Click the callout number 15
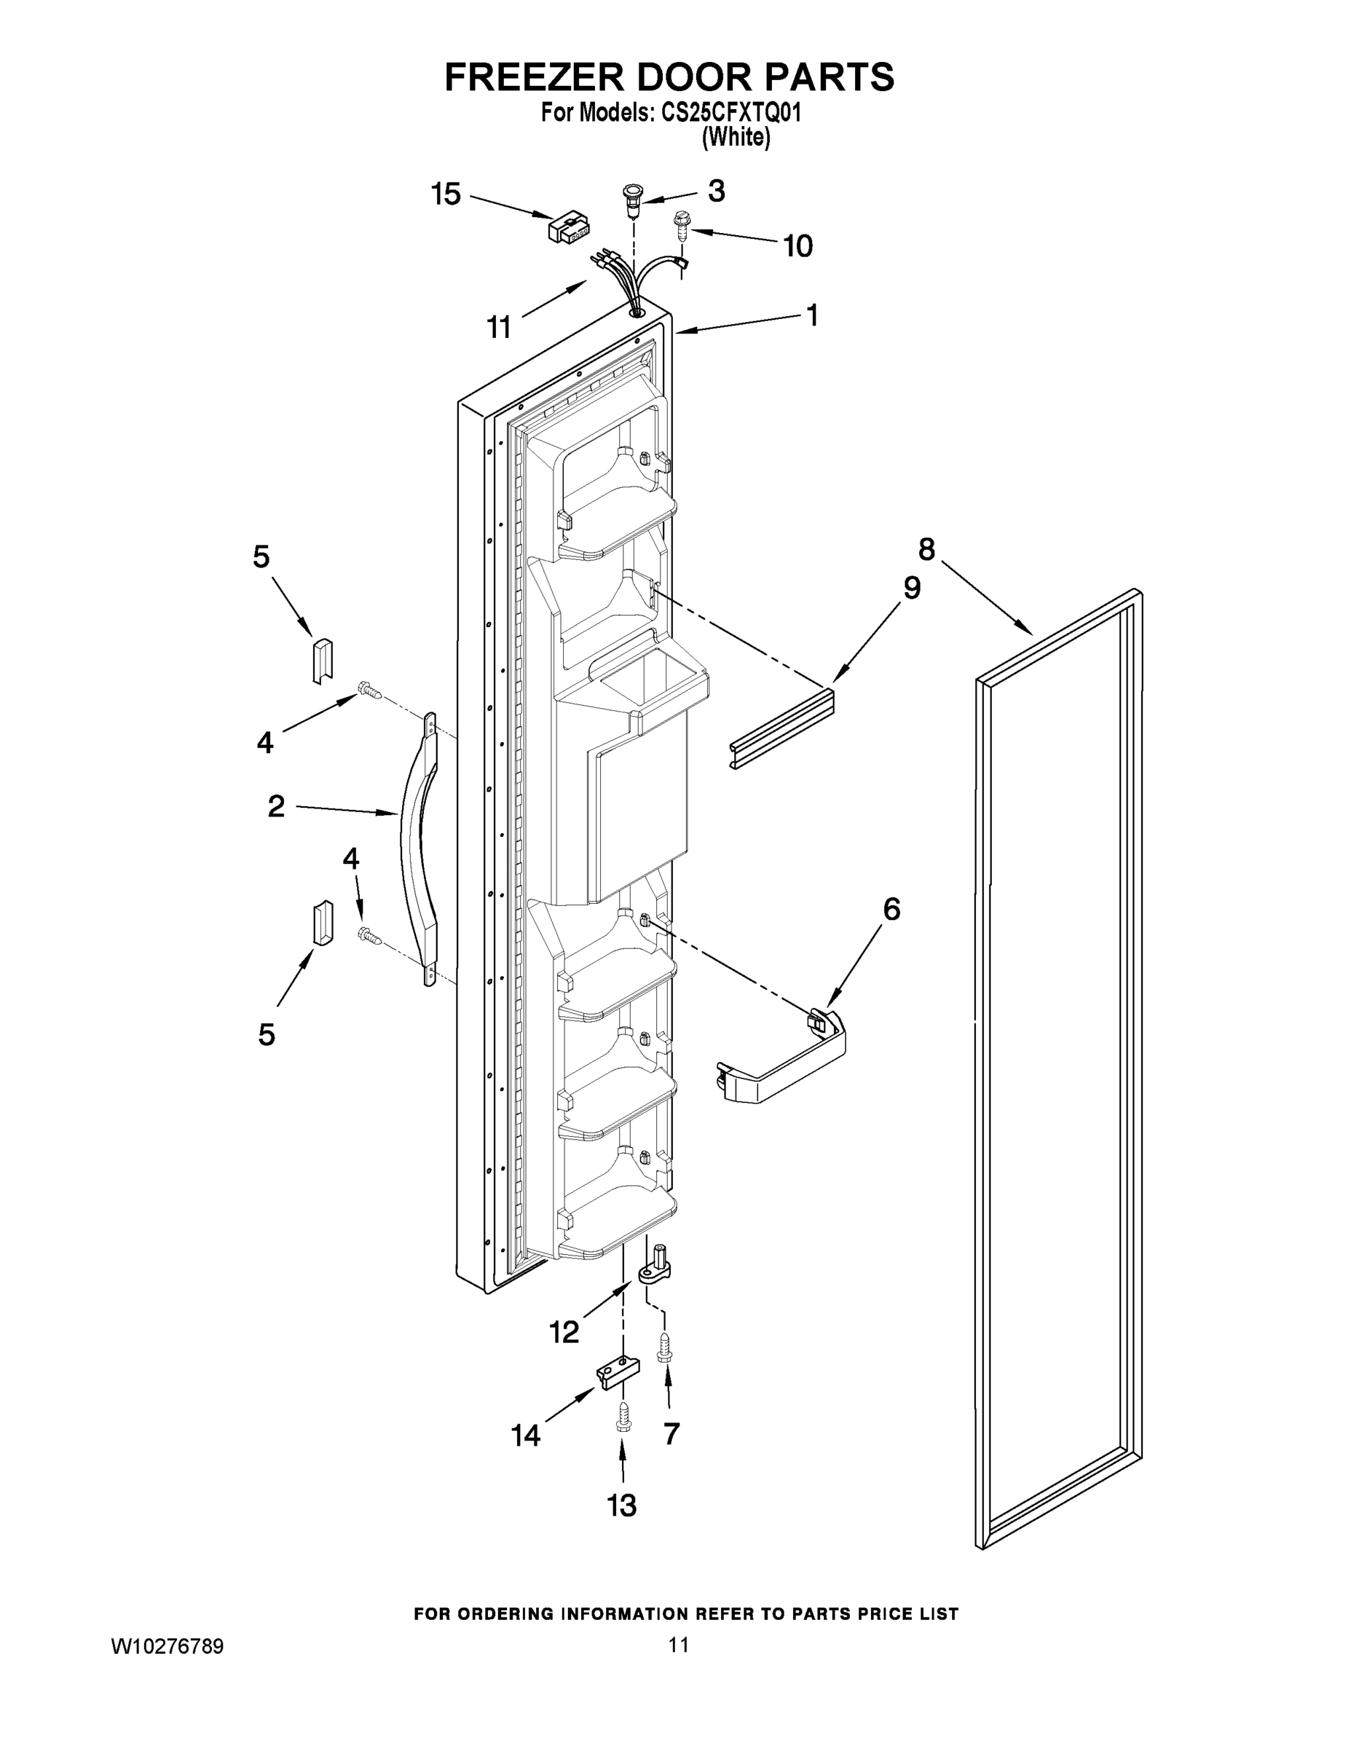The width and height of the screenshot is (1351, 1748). pyautogui.click(x=446, y=194)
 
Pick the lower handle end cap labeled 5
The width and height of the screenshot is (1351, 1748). pyautogui.click(x=323, y=922)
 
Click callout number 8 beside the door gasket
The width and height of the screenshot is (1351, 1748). pyautogui.click(x=926, y=549)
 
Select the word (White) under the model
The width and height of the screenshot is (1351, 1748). pyautogui.click(x=736, y=138)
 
